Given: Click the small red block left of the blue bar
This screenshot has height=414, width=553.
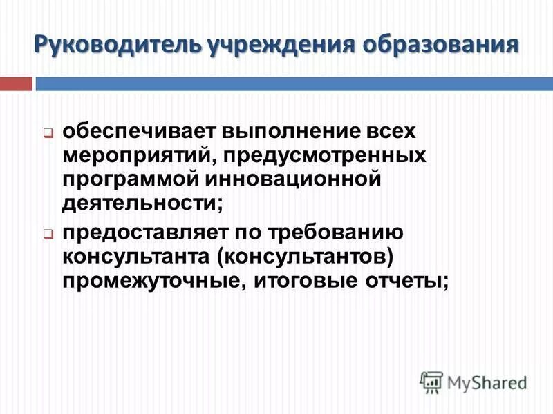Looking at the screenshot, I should click(x=16, y=84).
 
